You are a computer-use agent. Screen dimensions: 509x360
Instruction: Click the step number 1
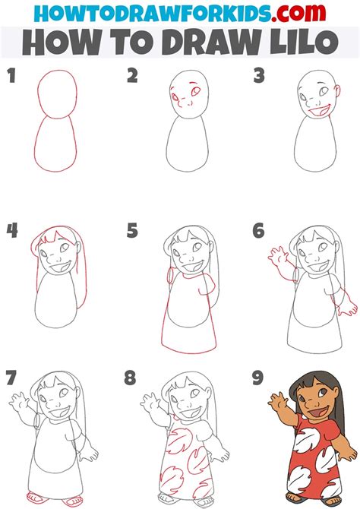[11, 75]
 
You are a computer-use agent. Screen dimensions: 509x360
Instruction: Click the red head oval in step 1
[55, 93]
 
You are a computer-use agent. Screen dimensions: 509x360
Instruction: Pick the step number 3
[258, 75]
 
